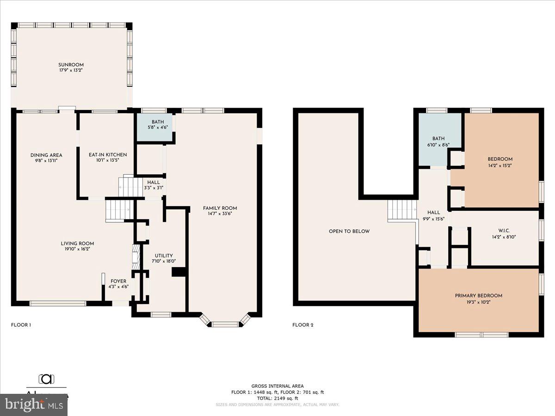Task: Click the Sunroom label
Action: tap(71, 65)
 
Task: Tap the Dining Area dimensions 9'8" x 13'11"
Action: tap(46, 161)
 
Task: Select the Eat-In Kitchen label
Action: tap(108, 154)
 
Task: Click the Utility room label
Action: tap(164, 256)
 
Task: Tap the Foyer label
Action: tap(118, 281)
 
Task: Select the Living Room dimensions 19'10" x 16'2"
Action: tap(77, 249)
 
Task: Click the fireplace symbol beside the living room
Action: tap(136, 257)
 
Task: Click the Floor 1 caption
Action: tap(21, 325)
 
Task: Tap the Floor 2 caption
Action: tap(303, 325)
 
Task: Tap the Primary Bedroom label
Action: tap(478, 296)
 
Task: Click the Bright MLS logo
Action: tap(33, 405)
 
